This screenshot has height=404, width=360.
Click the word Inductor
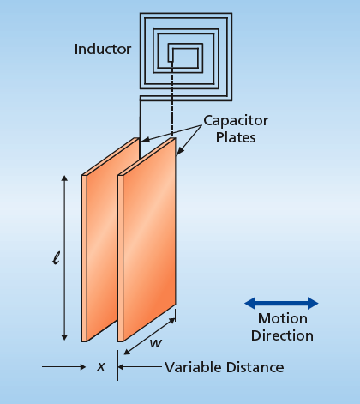(103, 49)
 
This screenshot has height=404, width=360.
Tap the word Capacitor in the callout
(236, 121)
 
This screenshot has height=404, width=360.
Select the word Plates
(236, 137)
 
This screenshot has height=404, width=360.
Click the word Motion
(283, 318)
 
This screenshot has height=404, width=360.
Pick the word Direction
(282, 335)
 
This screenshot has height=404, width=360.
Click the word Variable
(192, 367)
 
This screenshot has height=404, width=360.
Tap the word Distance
(255, 367)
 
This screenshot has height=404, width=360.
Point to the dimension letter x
(101, 366)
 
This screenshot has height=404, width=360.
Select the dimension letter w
(156, 343)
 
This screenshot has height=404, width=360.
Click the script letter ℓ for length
(56, 258)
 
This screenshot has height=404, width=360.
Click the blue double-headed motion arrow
(281, 304)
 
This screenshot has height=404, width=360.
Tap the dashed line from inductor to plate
(172, 99)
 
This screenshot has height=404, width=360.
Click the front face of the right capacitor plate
(149, 239)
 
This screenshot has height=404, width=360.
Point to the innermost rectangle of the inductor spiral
(185, 58)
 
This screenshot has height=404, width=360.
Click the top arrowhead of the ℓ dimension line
(64, 178)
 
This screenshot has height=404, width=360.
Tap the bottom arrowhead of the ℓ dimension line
(64, 337)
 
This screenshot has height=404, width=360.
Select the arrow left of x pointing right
(63, 367)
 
